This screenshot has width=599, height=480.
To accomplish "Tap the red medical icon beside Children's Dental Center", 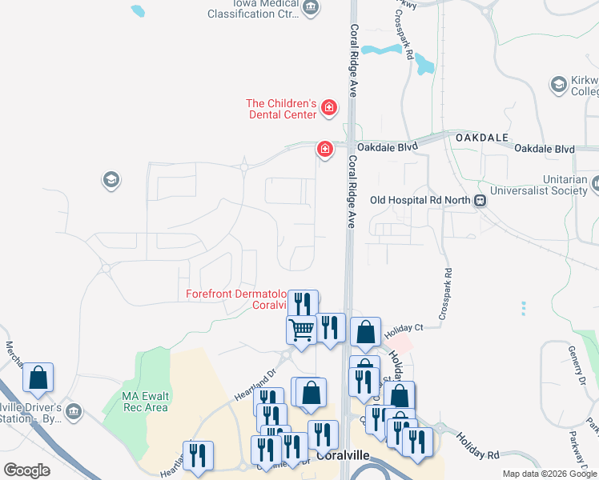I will click(328, 108).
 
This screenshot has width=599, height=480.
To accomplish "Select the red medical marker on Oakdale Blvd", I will click(324, 148).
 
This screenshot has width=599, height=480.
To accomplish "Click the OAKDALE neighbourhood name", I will click(481, 138).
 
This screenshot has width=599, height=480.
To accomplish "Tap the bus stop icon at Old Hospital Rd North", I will click(480, 201).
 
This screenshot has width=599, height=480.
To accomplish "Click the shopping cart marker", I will click(301, 329).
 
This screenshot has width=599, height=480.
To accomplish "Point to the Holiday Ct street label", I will click(402, 328).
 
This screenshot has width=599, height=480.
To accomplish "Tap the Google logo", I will click(27, 470).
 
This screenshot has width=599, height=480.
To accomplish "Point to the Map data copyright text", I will click(549, 474).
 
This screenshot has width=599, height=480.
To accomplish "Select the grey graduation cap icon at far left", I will click(111, 180).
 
